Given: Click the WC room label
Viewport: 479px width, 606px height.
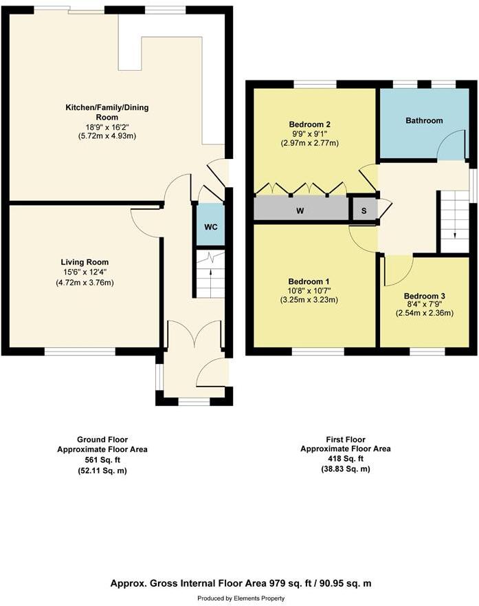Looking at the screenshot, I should click(x=211, y=227).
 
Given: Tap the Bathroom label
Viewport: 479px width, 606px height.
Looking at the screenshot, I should click(x=424, y=120).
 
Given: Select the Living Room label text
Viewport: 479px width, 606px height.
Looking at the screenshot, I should click(x=85, y=262).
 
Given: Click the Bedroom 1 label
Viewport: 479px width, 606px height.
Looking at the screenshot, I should click(x=309, y=281).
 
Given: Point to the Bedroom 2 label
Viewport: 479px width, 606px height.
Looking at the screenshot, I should click(x=309, y=125).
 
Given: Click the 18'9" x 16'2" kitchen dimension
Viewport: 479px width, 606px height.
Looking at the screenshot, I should click(x=107, y=127).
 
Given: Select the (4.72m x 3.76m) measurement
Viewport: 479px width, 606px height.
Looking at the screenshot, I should click(x=85, y=282).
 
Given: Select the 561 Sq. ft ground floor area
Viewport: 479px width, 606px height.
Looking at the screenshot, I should click(x=102, y=460).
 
